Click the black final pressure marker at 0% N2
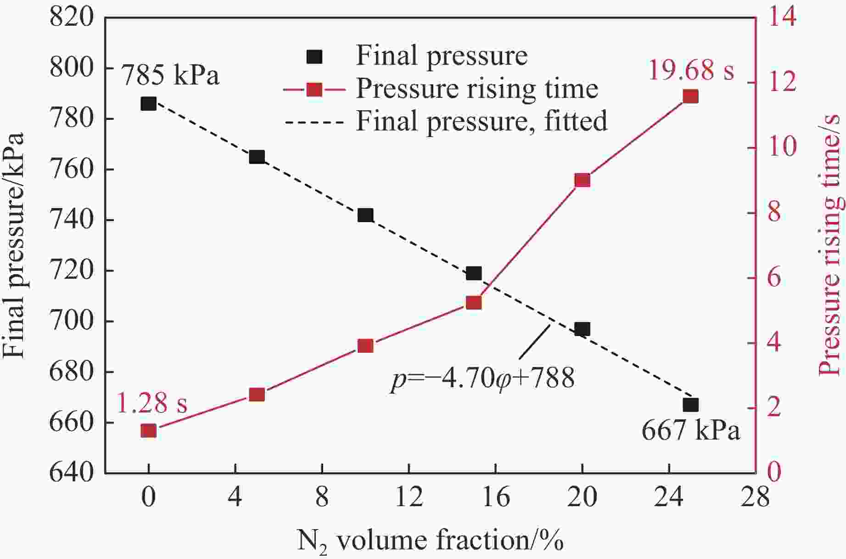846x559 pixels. pyautogui.click(x=148, y=104)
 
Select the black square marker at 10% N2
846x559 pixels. pyautogui.click(x=365, y=215)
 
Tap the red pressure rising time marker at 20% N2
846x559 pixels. pyautogui.click(x=582, y=181)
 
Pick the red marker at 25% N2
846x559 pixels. pyautogui.click(x=690, y=96)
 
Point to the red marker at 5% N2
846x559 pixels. pyautogui.click(x=257, y=395)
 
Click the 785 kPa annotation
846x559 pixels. pyautogui.click(x=170, y=75)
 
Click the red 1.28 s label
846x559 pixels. pyautogui.click(x=152, y=404)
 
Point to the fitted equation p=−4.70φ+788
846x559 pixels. pyautogui.click(x=482, y=379)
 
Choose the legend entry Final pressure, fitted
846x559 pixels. pyautogui.click(x=481, y=121)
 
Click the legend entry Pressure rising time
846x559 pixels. pyautogui.click(x=476, y=89)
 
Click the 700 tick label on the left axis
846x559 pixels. pyautogui.click(x=72, y=321)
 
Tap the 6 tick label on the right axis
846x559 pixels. pyautogui.click(x=774, y=278)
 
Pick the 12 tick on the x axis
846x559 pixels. pyautogui.click(x=409, y=497)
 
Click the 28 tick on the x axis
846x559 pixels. pyautogui.click(x=756, y=497)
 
